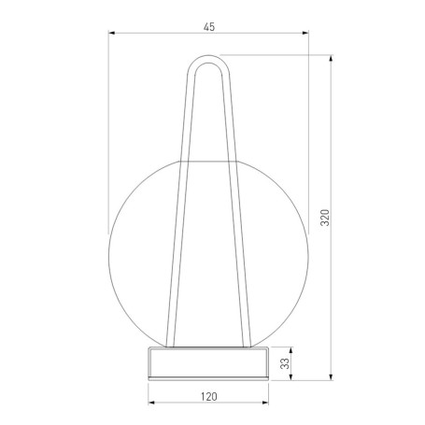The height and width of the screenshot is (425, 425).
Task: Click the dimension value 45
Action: coord(209,27)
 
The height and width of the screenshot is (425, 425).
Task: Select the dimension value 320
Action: coord(325,218)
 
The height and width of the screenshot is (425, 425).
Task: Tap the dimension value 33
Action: coord(285,363)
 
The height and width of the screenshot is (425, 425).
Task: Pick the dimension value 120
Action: coord(208,397)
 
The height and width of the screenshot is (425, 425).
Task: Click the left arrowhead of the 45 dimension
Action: coord(112,33)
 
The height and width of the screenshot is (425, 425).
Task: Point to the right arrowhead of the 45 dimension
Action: coord(305,33)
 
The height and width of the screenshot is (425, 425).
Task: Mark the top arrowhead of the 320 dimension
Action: coord(331,59)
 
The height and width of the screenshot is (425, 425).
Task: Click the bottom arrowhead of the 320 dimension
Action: coord(331,376)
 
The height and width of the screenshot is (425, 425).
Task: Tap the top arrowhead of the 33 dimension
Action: coord(290,350)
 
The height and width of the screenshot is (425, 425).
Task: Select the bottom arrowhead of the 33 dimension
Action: coord(290,376)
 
